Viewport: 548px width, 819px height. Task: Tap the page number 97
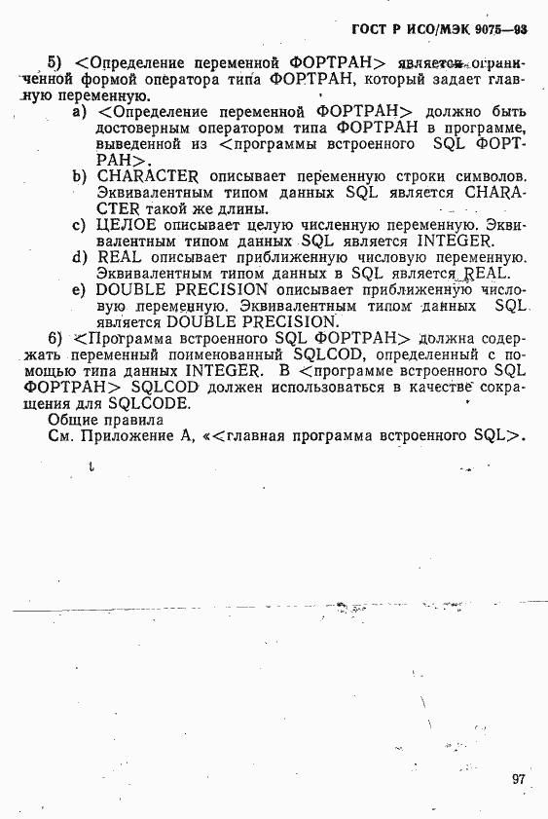(518, 778)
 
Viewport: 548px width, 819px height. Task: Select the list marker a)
(81, 114)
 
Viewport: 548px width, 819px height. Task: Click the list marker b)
(81, 176)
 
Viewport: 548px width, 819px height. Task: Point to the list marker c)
(81, 225)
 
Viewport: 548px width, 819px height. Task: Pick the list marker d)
(81, 257)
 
